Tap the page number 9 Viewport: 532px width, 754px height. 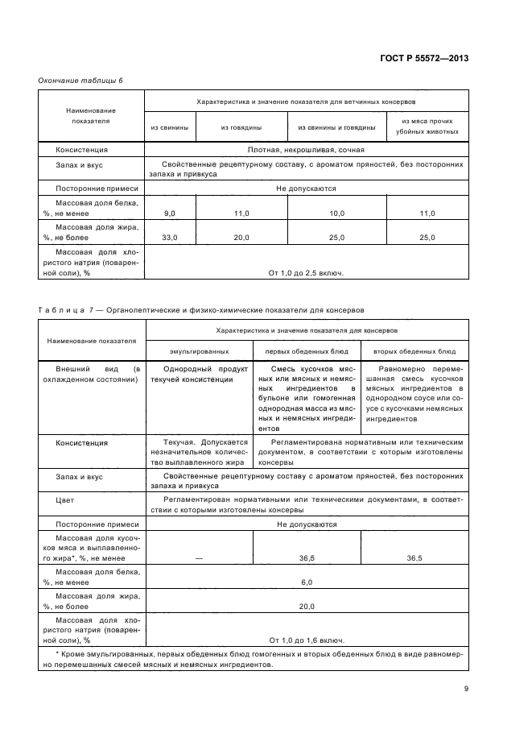(x=465, y=688)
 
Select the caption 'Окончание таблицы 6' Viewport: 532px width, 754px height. (x=80, y=80)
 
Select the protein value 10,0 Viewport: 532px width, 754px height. (x=336, y=213)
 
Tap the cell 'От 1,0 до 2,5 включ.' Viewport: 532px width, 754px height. (x=306, y=273)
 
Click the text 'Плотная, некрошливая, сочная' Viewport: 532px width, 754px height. (x=306, y=150)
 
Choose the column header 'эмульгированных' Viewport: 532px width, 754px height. (x=199, y=352)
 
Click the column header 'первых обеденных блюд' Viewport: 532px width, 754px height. (x=307, y=352)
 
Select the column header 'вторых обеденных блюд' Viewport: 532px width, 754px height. (x=414, y=352)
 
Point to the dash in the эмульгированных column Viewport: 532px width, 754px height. (x=199, y=557)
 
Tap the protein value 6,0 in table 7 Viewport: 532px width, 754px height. (x=306, y=582)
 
